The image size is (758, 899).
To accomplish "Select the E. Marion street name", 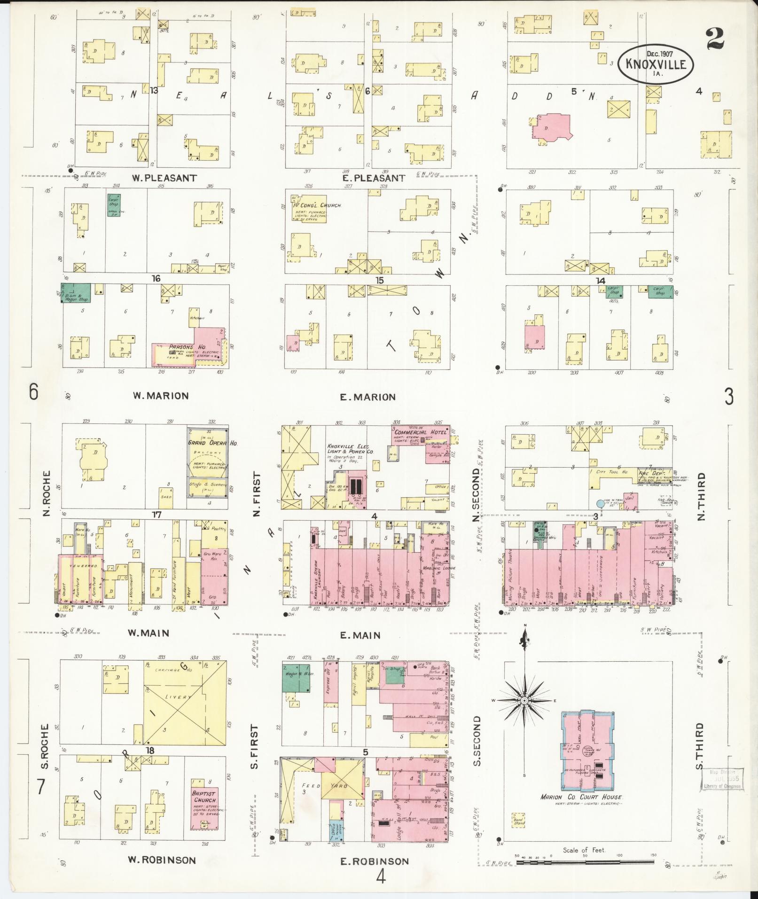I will tap(368, 397).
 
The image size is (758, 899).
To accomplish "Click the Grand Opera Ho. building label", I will tap(207, 443).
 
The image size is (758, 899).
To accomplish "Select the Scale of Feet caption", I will tap(585, 850).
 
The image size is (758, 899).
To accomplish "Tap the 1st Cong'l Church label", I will tap(317, 205).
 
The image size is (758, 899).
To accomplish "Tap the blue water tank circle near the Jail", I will tap(600, 503).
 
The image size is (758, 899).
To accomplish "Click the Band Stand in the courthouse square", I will tap(519, 820).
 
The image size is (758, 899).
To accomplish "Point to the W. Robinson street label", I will tap(162, 860).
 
